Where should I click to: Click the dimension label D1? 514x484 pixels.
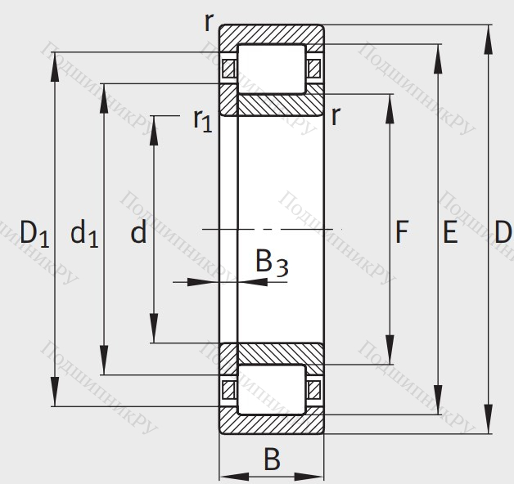coord(34,235)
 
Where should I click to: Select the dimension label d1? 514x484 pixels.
coord(83,235)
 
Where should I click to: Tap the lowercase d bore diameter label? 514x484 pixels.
coord(138,235)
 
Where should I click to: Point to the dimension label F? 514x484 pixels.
coord(401,234)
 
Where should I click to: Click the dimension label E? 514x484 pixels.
coord(449,234)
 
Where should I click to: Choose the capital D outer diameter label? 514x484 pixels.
coord(503,234)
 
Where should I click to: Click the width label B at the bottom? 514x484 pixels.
coord(272,459)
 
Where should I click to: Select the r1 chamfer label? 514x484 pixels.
coord(202,120)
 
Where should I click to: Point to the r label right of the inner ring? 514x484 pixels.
coord(336,116)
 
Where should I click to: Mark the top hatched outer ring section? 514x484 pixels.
coord(271,36)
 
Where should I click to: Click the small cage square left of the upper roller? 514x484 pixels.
coord(229,68)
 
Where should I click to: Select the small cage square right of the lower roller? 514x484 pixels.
coord(314,389)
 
